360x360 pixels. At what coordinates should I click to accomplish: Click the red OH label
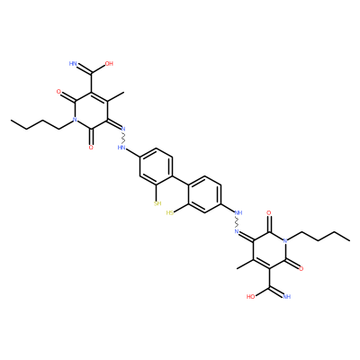coord(109,64)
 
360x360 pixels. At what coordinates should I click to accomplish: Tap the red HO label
coord(250,297)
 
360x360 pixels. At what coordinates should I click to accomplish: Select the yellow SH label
coord(157,203)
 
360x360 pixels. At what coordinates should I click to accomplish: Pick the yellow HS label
coord(170,213)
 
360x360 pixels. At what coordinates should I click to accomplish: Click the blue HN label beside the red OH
coord(73,64)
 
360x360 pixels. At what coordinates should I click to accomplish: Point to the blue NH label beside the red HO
coord(287,297)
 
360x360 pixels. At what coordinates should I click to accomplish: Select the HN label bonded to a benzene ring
coord(121,148)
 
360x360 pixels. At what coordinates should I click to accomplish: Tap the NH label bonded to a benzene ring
coord(238,213)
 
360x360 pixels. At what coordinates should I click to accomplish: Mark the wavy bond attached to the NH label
coord(238,222)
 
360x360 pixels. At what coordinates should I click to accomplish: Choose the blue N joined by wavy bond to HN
coord(123,129)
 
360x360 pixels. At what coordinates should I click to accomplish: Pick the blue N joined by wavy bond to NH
coord(237,231)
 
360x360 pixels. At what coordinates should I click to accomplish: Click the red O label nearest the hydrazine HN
coord(91,148)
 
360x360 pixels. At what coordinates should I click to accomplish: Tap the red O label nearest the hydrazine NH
coord(269,213)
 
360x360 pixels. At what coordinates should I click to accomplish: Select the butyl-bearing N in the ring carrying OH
coord(75,120)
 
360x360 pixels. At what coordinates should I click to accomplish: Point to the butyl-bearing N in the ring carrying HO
coord(285,240)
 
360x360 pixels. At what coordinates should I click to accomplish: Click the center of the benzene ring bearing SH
coord(156,166)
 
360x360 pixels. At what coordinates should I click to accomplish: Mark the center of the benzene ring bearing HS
coord(204,194)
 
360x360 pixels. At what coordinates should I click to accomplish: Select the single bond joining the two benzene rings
coord(180,180)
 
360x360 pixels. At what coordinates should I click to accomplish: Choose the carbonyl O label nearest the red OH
coord(59,93)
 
